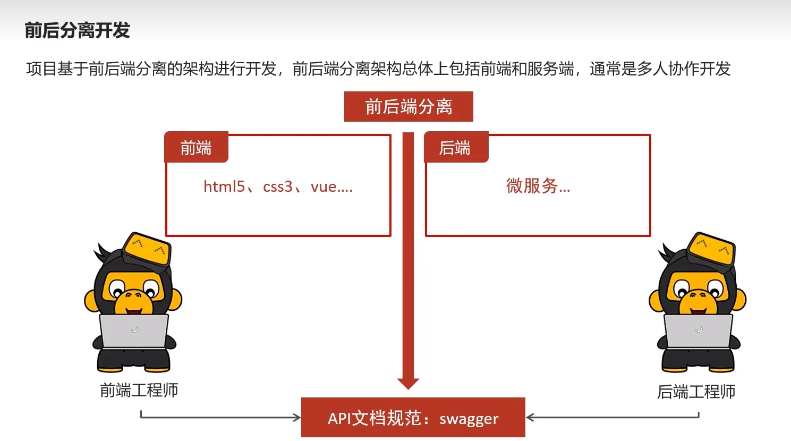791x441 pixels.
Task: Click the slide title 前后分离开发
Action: (78, 31)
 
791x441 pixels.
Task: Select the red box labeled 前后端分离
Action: (408, 107)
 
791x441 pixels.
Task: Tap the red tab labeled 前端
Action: (196, 148)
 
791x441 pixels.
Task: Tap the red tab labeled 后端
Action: (455, 148)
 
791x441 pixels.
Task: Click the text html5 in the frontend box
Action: (224, 186)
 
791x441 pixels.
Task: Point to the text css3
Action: (277, 186)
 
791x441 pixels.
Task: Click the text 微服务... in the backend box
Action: (538, 186)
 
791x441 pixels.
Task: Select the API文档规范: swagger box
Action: (413, 418)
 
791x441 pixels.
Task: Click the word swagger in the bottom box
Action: (469, 419)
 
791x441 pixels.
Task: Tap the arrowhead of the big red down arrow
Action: (408, 383)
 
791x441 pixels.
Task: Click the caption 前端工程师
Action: (139, 391)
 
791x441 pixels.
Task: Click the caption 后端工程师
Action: (696, 392)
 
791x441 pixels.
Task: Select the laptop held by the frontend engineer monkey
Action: (134, 330)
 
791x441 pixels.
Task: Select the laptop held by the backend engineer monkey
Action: (698, 330)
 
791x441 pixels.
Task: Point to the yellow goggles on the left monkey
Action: (147, 248)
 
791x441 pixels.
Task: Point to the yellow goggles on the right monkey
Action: (711, 248)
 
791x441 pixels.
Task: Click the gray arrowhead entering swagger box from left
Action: (297, 417)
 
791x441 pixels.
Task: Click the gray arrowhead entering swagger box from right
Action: (530, 417)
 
